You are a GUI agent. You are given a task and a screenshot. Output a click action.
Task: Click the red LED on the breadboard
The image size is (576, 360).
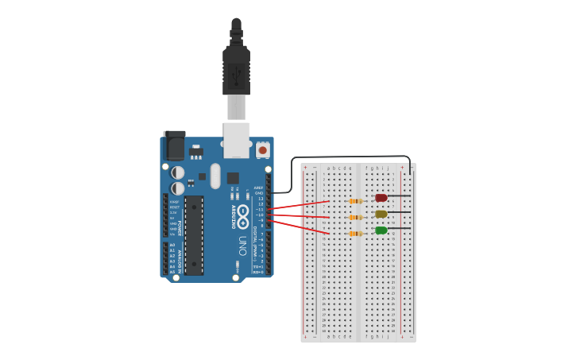[x=381, y=198]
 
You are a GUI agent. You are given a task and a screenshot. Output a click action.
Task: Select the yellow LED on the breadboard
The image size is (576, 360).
[x=381, y=214]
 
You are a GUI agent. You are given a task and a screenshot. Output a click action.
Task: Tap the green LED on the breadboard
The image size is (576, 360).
[x=381, y=230]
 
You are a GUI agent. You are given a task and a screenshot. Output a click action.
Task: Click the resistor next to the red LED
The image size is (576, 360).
[x=355, y=201]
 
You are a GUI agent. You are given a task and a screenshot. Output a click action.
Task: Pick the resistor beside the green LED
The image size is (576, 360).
[x=355, y=234]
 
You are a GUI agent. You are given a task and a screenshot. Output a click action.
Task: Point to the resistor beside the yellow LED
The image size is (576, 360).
[x=355, y=217]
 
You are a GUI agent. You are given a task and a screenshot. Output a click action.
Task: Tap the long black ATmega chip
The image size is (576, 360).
[x=194, y=235]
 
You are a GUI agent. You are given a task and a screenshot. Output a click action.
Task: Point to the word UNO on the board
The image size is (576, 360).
[x=242, y=244]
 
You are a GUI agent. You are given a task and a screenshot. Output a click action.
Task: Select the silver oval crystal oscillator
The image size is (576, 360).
[x=215, y=176]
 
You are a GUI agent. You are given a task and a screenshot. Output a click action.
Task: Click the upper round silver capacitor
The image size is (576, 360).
[x=178, y=172]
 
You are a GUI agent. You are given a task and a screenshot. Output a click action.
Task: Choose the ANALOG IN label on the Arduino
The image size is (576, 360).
[x=180, y=258]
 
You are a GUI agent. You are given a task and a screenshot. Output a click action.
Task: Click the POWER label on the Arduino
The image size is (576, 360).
[x=180, y=228]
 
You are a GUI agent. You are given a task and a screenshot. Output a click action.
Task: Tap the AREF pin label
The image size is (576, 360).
[x=258, y=188]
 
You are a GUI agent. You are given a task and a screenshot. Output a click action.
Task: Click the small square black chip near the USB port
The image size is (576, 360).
[x=233, y=178]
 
